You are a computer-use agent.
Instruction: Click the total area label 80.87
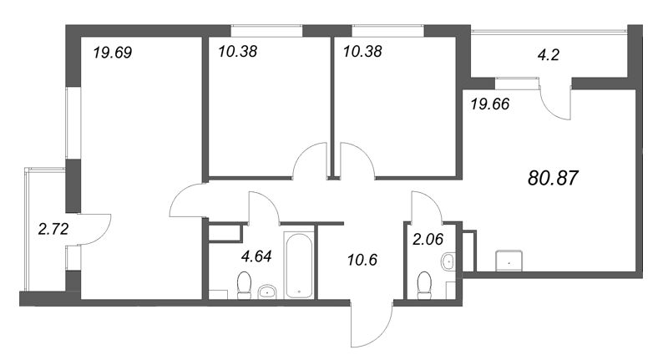tap(553, 178)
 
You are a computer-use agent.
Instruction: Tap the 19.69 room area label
tap(113, 53)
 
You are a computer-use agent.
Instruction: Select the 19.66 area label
tap(490, 104)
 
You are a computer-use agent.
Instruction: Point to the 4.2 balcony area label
tap(549, 54)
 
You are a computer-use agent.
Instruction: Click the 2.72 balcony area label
tap(53, 229)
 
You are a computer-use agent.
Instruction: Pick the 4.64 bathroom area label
tap(256, 256)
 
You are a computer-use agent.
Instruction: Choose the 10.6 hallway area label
tap(362, 260)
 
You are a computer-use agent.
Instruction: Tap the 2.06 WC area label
tap(428, 239)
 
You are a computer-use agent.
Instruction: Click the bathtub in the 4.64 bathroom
tap(299, 265)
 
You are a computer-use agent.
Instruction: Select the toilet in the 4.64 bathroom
tap(244, 286)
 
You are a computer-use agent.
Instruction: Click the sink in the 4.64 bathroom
tap(267, 292)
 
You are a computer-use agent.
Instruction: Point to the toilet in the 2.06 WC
tap(424, 286)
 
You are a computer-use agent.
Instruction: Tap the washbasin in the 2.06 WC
tap(448, 261)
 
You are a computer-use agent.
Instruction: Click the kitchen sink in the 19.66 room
tap(509, 261)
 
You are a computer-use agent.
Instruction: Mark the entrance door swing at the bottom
tap(371, 323)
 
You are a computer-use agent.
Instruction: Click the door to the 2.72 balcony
tap(94, 229)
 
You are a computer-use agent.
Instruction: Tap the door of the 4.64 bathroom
tap(264, 207)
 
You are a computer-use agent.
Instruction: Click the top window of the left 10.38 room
tap(266, 31)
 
